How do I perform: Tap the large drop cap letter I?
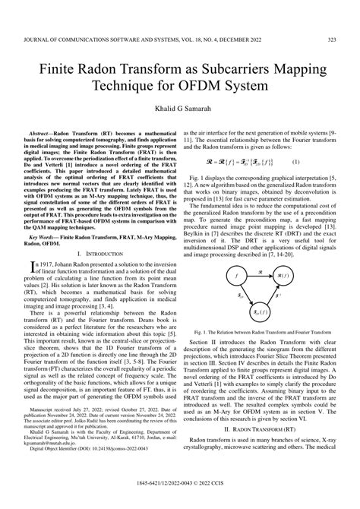coord(33,265)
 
